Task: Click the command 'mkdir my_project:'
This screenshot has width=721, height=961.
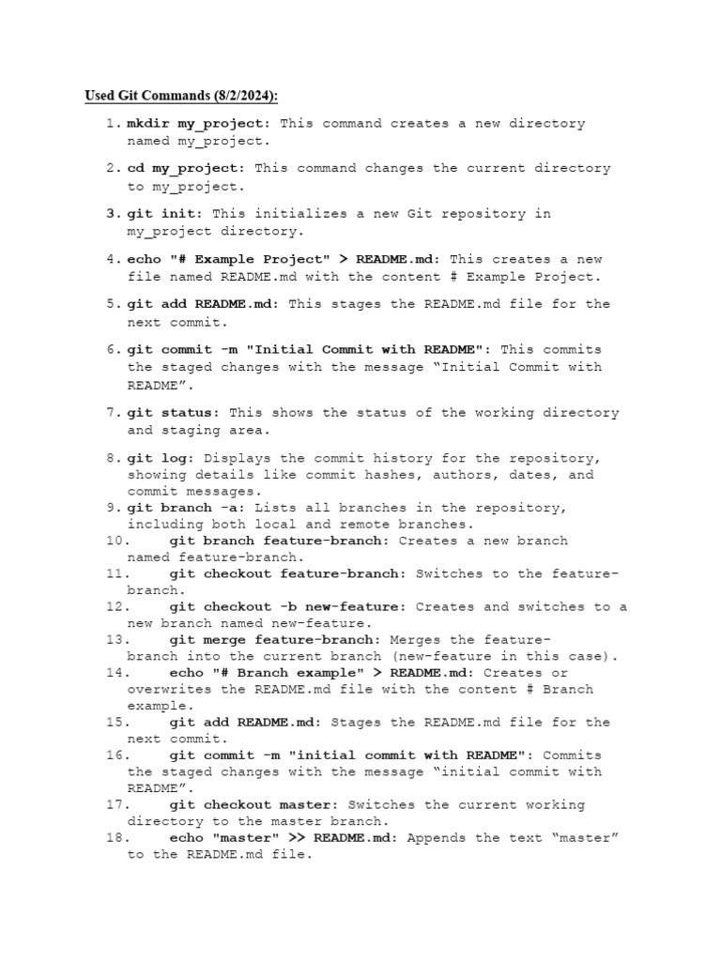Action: pyautogui.click(x=199, y=124)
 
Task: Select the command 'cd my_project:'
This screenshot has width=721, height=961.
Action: pyautogui.click(x=186, y=169)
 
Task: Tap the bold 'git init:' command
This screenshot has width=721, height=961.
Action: pyautogui.click(x=165, y=214)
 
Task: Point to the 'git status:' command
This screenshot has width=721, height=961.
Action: pyautogui.click(x=174, y=413)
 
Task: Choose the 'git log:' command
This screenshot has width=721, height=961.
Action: pyautogui.click(x=161, y=459)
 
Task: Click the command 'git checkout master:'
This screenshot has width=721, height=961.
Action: pyautogui.click(x=254, y=805)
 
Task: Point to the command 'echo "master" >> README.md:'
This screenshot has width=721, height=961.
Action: pyautogui.click(x=284, y=838)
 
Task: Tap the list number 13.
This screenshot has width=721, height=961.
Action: pyautogui.click(x=116, y=640)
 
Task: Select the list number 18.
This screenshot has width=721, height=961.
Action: pyautogui.click(x=116, y=838)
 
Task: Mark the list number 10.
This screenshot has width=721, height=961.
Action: pyautogui.click(x=116, y=542)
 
